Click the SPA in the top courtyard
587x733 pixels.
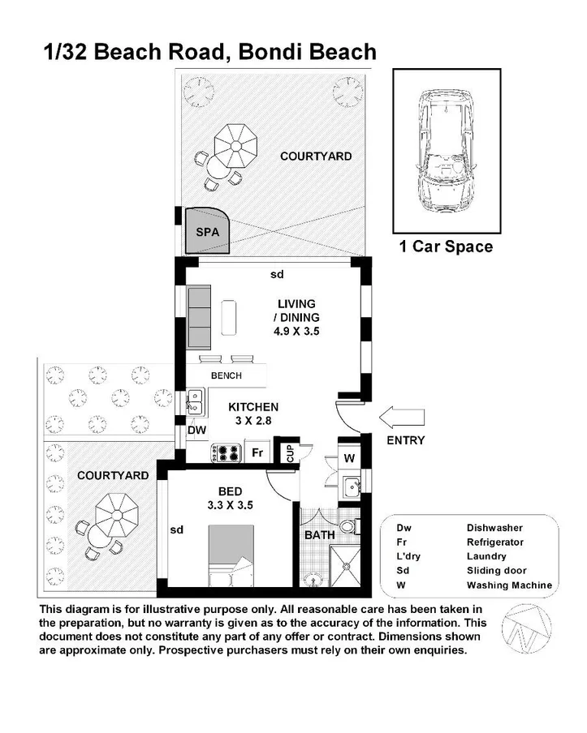click(206, 231)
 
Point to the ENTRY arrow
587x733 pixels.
click(403, 418)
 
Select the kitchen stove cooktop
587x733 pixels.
click(225, 453)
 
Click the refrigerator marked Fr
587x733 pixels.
click(257, 453)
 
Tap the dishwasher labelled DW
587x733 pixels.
click(196, 431)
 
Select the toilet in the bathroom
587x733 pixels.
click(348, 526)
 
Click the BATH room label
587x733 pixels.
click(319, 535)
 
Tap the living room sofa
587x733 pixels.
click(199, 316)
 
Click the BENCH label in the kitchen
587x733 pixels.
click(227, 375)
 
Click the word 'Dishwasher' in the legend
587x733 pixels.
click(494, 527)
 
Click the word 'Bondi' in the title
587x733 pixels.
click(271, 53)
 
